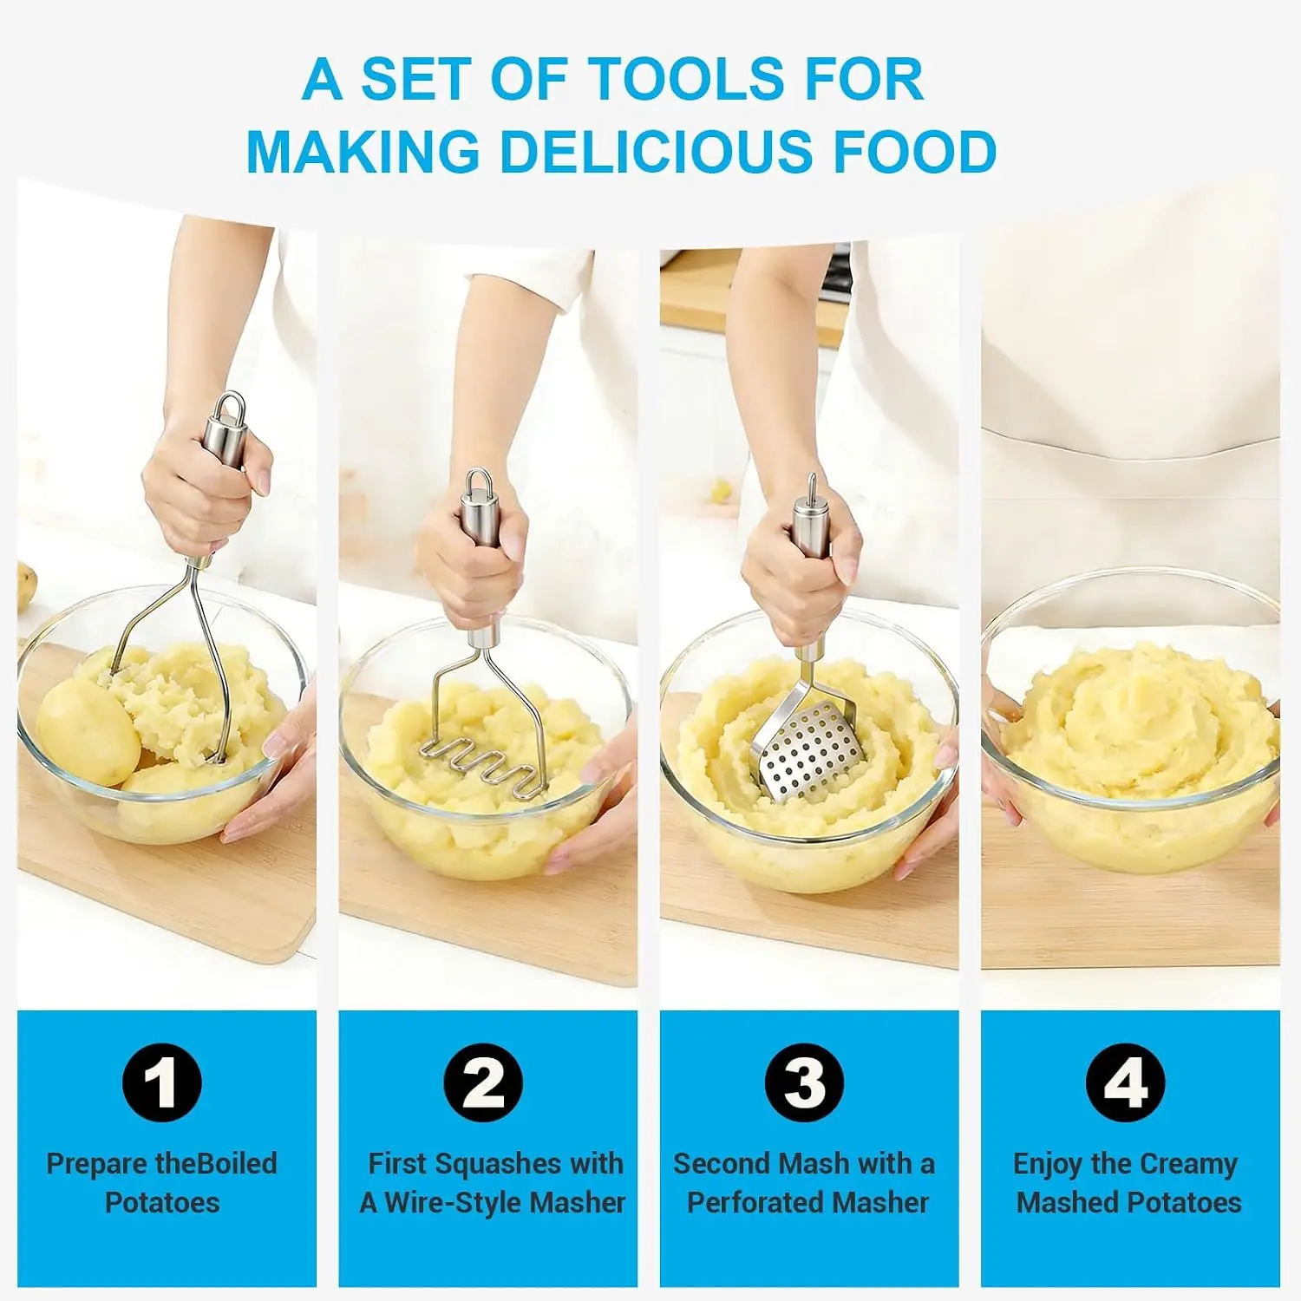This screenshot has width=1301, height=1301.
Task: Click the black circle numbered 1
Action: (162, 1082)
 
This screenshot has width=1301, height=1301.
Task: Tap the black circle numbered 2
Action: (483, 1082)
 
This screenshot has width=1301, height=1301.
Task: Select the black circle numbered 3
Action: (804, 1082)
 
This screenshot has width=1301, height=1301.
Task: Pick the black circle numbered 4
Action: (1126, 1082)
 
